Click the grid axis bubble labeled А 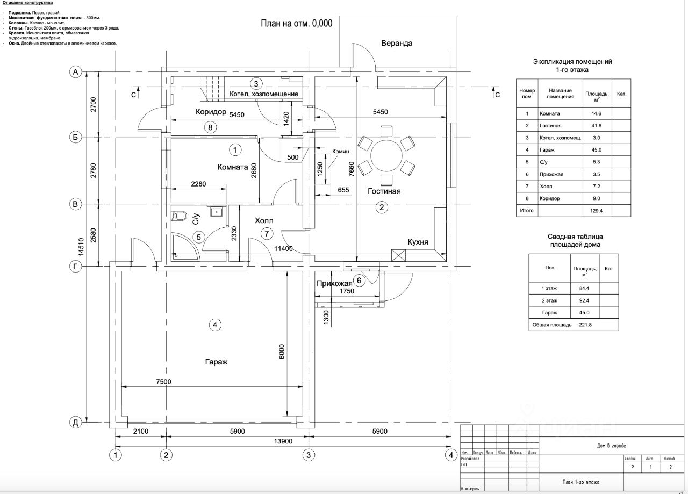pyautogui.click(x=76, y=71)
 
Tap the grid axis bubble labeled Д pyautogui.click(x=76, y=423)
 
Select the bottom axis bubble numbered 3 pyautogui.click(x=308, y=455)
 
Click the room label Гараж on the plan pyautogui.click(x=216, y=362)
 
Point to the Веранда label pyautogui.click(x=397, y=44)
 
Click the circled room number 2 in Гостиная pyautogui.click(x=382, y=207)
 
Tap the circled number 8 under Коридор pyautogui.click(x=210, y=127)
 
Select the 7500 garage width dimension pyautogui.click(x=163, y=382)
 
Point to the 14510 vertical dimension pyautogui.click(x=81, y=242)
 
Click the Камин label pyautogui.click(x=341, y=152)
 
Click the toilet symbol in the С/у pyautogui.click(x=180, y=216)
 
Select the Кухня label pyautogui.click(x=418, y=242)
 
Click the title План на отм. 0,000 pyautogui.click(x=297, y=23)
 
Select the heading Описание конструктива pyautogui.click(x=27, y=3)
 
